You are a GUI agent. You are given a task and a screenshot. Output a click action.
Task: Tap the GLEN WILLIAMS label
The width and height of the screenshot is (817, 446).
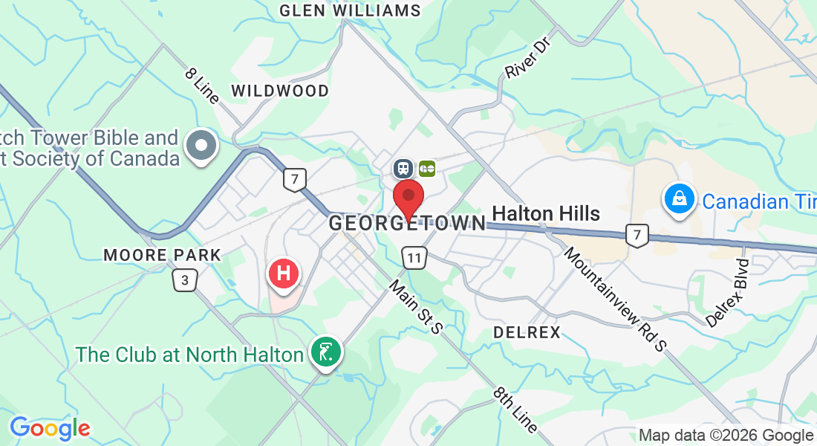(x=350, y=10)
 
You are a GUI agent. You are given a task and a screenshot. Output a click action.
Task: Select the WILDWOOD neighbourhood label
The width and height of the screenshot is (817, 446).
(x=280, y=91)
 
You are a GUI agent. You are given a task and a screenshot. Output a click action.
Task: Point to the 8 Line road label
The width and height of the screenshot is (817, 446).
(x=203, y=85)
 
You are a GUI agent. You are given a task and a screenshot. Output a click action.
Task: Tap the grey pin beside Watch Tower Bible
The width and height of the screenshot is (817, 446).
(x=201, y=143)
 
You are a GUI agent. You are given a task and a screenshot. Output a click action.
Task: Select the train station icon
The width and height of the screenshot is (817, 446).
(x=403, y=169)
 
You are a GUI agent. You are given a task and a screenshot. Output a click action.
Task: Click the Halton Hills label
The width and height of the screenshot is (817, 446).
(x=546, y=214)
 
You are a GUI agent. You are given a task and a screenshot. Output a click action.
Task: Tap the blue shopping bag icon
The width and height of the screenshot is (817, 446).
(x=679, y=198)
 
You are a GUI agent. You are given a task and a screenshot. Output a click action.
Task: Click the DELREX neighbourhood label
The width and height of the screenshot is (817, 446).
(x=527, y=332)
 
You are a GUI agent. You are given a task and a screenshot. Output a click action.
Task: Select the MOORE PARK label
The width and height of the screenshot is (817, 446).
(x=163, y=255)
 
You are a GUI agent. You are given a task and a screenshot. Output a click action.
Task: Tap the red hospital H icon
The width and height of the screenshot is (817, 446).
(x=283, y=273)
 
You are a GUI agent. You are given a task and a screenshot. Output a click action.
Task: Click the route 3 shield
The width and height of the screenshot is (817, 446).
(x=183, y=280)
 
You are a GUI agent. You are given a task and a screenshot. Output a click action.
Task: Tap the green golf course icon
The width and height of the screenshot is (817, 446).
(x=325, y=352)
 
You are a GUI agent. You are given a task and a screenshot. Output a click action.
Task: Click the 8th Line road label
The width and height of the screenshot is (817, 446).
(x=516, y=409)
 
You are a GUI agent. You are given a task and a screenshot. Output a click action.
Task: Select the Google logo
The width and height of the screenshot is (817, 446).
(x=50, y=428)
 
